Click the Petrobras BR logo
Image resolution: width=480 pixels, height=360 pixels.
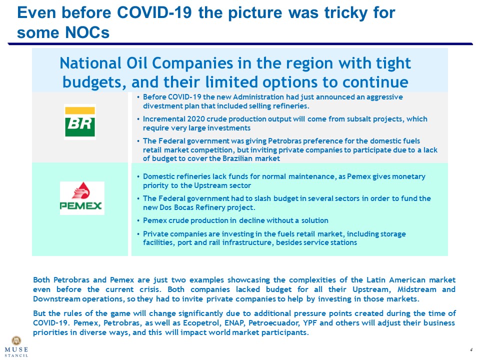[x=80, y=122]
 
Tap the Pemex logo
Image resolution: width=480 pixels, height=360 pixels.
[x=82, y=198]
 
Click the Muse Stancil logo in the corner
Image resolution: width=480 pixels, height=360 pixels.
[x=16, y=346]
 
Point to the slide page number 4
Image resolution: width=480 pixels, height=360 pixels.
[x=471, y=349]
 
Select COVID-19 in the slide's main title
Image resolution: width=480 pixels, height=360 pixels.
[x=154, y=12]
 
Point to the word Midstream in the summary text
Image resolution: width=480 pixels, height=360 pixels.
[x=417, y=289]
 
